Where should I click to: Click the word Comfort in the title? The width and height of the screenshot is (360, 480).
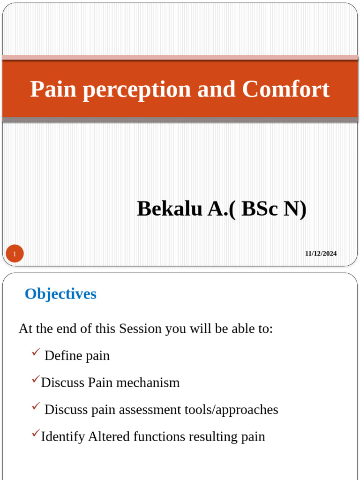286,89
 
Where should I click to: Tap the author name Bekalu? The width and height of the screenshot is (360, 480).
170,209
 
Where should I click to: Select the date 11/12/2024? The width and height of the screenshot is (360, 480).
321,254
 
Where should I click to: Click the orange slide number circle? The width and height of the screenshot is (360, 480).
15,254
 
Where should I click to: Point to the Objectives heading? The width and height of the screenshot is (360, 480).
60,294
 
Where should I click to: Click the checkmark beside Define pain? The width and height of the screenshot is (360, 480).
35,353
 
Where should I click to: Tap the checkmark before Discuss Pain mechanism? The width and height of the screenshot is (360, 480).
36,380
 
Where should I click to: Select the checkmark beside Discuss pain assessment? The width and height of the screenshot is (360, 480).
35,407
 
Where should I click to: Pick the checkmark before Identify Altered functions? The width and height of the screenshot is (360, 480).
36,434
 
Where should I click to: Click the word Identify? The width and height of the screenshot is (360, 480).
63,437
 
